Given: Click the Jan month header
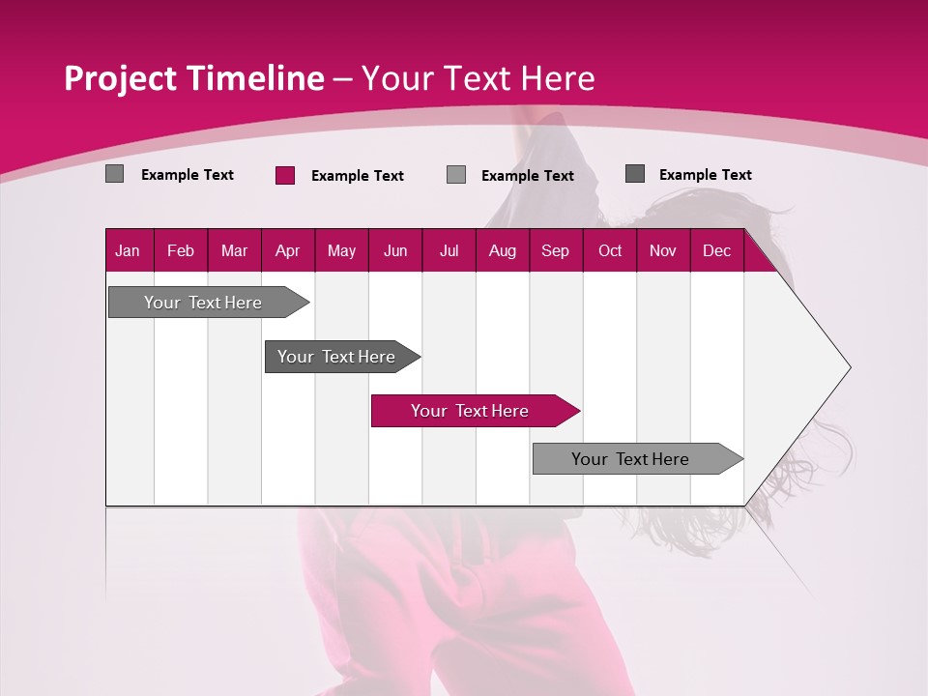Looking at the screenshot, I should pyautogui.click(x=129, y=250).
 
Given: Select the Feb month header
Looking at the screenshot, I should pyautogui.click(x=181, y=250).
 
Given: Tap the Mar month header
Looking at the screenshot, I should pyautogui.click(x=234, y=250).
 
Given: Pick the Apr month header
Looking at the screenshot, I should pyautogui.click(x=288, y=250).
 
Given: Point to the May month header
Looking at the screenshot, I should pyautogui.click(x=341, y=250).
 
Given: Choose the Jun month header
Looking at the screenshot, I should pyautogui.click(x=395, y=250).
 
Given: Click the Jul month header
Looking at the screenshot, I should pyautogui.click(x=449, y=250).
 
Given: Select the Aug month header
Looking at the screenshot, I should pyautogui.click(x=503, y=250).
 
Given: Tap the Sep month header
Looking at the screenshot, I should pyautogui.click(x=556, y=250).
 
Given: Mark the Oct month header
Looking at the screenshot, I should pyautogui.click(x=610, y=250).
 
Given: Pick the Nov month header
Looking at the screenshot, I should pyautogui.click(x=663, y=250).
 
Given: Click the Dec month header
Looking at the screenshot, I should pyautogui.click(x=717, y=250).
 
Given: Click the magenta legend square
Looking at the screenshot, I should pyautogui.click(x=285, y=175).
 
